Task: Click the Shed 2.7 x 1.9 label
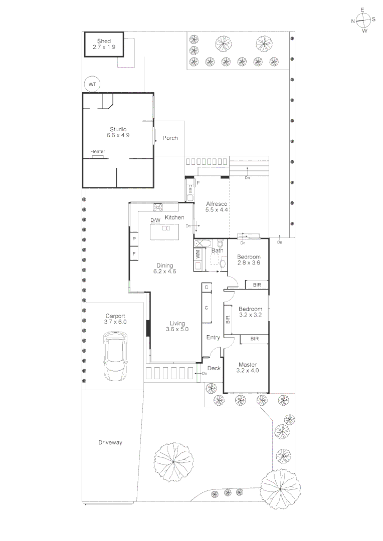[x=104, y=44]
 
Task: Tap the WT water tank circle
[x=92, y=85]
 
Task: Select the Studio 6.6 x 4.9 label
[x=118, y=132]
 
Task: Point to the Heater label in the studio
[x=98, y=152]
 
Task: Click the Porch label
[x=170, y=138]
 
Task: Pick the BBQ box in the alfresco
[x=190, y=189]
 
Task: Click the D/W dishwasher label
[x=155, y=220]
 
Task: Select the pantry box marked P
[x=134, y=239]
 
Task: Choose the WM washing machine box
[x=198, y=254]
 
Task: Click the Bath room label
[x=217, y=250]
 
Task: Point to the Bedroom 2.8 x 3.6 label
[x=249, y=259]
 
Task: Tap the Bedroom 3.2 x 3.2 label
[x=251, y=312]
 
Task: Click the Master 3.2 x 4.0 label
[x=248, y=368]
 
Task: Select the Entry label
[x=214, y=338]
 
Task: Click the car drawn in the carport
[x=116, y=358]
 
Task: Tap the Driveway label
[x=110, y=442]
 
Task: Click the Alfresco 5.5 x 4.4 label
[x=217, y=207]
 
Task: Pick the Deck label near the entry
[x=214, y=368]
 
